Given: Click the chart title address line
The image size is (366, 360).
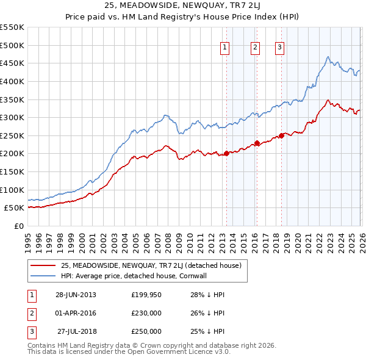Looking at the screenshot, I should pyautogui.click(x=182, y=7).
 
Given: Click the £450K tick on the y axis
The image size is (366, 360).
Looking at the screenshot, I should pyautogui.click(x=12, y=63).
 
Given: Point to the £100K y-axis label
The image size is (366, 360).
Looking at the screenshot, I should pyautogui.click(x=12, y=190).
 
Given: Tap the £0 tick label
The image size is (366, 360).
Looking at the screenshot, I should pyautogui.click(x=18, y=226).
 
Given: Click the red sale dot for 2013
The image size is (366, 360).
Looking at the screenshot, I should pyautogui.click(x=226, y=153).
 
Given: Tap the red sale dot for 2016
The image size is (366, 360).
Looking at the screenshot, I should pyautogui.click(x=257, y=143).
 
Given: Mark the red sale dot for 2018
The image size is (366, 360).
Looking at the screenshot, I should pyautogui.click(x=281, y=135).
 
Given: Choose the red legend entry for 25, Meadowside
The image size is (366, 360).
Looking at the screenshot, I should pyautogui.click(x=151, y=265).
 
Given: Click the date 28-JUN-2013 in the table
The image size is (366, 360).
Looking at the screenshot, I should pyautogui.click(x=76, y=295).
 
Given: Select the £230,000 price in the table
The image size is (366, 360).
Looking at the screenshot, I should pyautogui.click(x=146, y=313).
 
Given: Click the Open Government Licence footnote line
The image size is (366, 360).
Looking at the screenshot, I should pyautogui.click(x=129, y=352).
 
